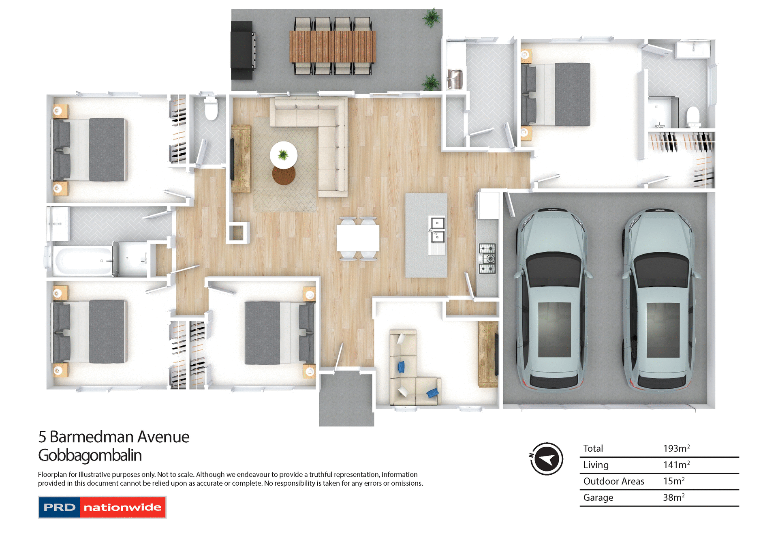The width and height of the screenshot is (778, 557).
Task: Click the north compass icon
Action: [x=547, y=459]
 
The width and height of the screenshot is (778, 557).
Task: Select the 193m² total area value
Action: [x=676, y=448]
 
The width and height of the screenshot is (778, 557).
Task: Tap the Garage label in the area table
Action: [x=598, y=497]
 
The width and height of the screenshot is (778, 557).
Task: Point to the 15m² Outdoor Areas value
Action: [x=673, y=481]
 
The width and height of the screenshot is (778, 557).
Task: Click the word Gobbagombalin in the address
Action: [x=90, y=455]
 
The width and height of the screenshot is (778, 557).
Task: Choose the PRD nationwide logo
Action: [x=102, y=507]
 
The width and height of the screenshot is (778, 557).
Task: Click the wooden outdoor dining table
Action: [x=333, y=47]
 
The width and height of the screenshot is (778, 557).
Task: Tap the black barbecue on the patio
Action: [x=243, y=50]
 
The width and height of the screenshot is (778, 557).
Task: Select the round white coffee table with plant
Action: [x=284, y=154]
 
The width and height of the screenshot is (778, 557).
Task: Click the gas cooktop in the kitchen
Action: [x=487, y=258]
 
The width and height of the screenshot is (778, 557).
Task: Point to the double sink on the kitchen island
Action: [x=437, y=229]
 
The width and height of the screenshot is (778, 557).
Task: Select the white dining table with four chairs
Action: [x=358, y=238]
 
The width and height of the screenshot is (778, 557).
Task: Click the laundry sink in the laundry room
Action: [x=455, y=79]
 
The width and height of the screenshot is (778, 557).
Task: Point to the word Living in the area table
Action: [x=596, y=465]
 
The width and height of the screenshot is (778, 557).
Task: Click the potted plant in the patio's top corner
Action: [x=432, y=18]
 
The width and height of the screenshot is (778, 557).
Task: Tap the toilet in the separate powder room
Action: [x=211, y=109]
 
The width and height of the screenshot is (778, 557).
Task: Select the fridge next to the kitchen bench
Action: [x=488, y=205]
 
